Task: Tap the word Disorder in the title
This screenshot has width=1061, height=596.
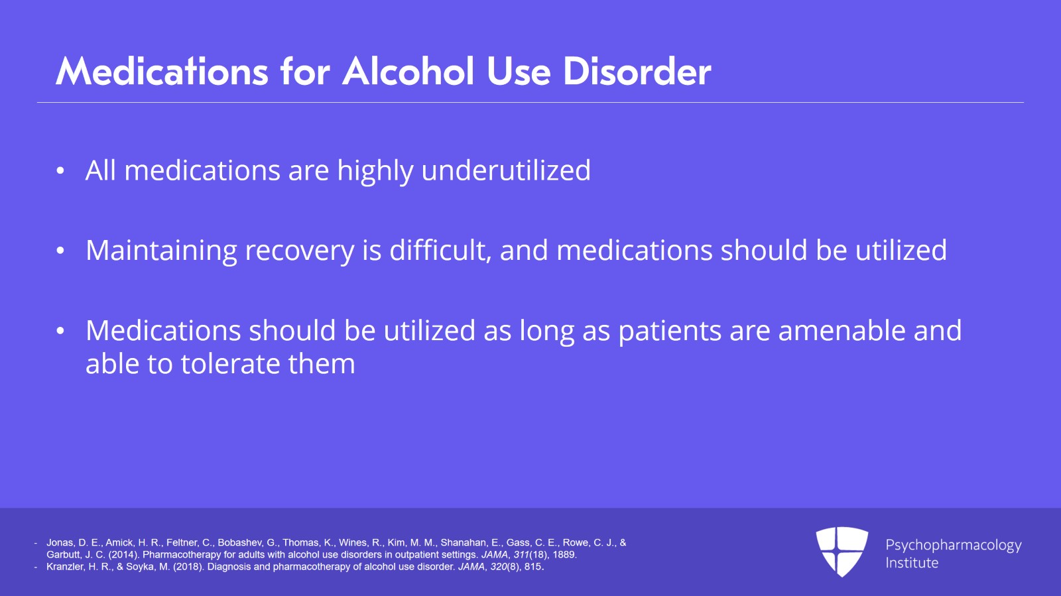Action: (x=637, y=71)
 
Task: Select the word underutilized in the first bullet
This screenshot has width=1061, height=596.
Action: (x=506, y=170)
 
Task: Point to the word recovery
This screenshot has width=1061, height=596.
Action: (x=299, y=251)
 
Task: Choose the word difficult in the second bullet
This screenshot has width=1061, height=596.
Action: (x=440, y=251)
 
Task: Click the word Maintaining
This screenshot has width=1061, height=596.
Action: (x=161, y=251)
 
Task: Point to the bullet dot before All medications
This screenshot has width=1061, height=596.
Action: (x=60, y=171)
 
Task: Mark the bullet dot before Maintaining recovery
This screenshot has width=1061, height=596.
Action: (x=60, y=251)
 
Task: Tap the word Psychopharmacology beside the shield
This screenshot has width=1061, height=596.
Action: (x=953, y=546)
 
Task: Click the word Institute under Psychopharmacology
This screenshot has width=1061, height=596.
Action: (x=911, y=563)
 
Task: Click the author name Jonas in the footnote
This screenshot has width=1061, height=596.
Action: (x=60, y=543)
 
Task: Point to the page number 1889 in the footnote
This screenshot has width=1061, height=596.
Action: (x=564, y=555)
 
